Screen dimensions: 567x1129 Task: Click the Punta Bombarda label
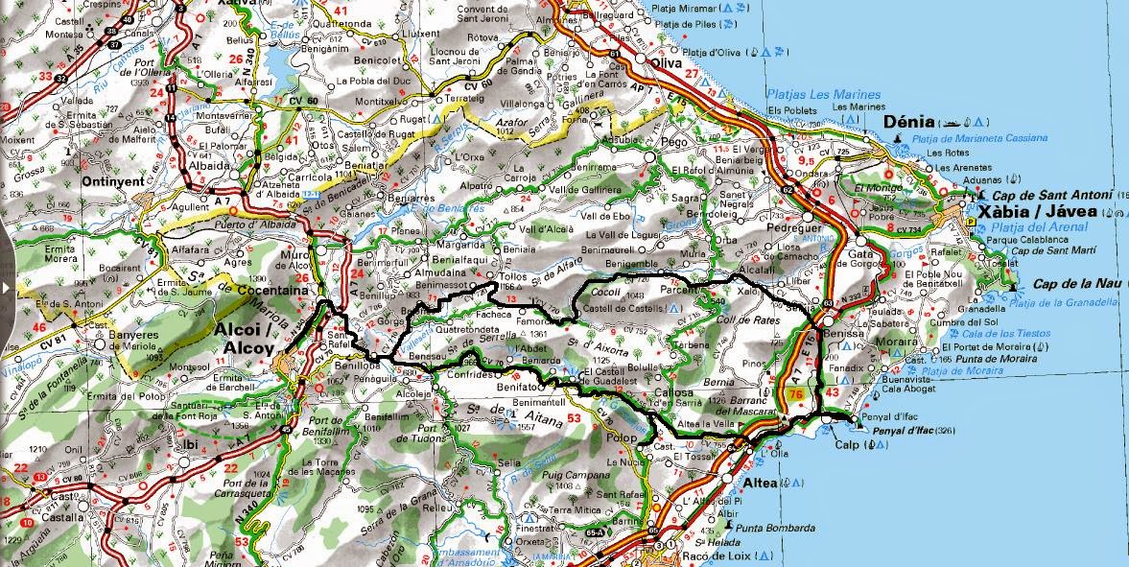[x=775, y=528]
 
